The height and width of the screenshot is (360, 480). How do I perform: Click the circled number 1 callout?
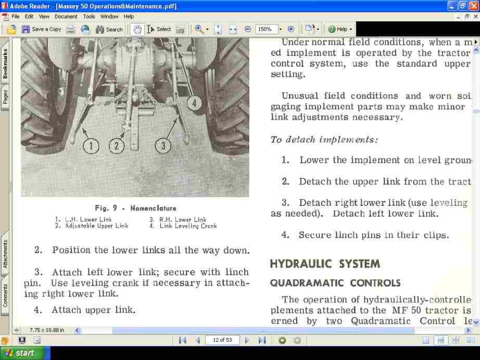tap(91, 145)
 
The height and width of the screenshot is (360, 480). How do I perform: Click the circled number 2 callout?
tap(117, 145)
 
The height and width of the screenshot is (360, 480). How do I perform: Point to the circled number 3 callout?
tap(163, 145)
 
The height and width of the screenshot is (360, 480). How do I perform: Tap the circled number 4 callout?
tap(194, 103)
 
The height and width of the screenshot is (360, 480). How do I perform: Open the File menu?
tap(16, 17)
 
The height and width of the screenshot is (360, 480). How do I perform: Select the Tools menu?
tap(89, 17)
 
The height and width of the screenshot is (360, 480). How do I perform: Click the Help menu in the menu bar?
tap(129, 17)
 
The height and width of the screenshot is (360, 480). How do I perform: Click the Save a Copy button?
tap(42, 29)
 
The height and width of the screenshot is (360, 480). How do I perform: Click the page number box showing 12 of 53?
tap(222, 340)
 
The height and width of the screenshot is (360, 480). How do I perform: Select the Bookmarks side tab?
tap(5, 64)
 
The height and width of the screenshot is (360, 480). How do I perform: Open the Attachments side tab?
tap(5, 254)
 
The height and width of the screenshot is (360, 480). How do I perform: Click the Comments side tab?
tap(5, 295)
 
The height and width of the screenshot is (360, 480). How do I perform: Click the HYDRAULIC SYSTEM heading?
tap(325, 264)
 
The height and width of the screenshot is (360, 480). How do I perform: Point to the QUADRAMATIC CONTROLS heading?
tap(335, 283)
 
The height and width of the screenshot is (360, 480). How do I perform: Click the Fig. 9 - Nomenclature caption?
tap(135, 208)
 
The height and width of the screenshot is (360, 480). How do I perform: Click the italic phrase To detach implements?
tap(324, 139)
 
